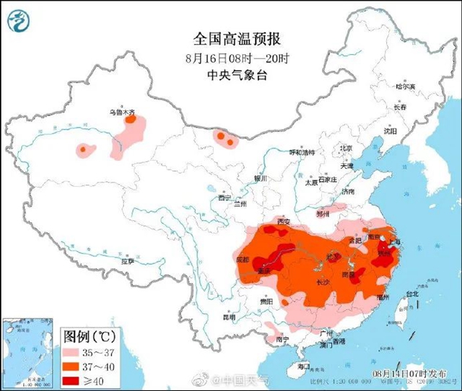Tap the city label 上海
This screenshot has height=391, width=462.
coord(396,245)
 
